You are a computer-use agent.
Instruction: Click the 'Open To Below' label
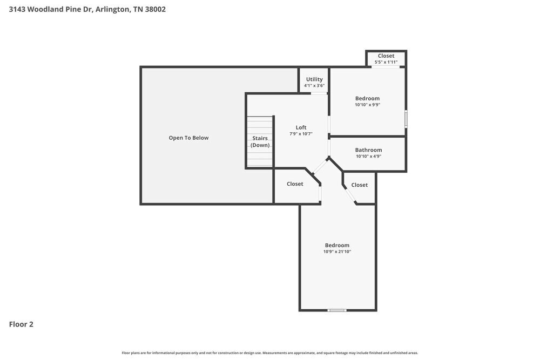tap(188, 138)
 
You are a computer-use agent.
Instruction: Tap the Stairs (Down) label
tap(260, 141)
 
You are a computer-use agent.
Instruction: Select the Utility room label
tap(314, 79)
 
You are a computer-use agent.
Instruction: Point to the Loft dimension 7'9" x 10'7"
tap(301, 134)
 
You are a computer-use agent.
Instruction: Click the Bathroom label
tap(368, 150)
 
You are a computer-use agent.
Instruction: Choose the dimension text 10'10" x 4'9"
tap(368, 157)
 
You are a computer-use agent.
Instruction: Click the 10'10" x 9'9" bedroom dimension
tap(367, 105)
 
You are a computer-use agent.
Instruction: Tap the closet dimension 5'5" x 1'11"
tap(386, 62)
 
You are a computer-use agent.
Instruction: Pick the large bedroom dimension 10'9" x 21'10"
tap(337, 252)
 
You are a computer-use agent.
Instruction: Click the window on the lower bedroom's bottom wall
tap(337, 310)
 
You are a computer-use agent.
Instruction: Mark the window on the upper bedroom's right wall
tap(406, 119)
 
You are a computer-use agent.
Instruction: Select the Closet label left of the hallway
tap(295, 184)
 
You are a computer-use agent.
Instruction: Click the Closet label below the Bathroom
tap(359, 185)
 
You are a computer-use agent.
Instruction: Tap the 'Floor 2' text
tap(21, 324)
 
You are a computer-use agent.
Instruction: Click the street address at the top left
tap(87, 9)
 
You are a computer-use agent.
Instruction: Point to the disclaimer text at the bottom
tap(270, 352)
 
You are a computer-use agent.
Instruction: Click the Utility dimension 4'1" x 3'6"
tap(314, 86)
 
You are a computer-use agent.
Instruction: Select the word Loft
tap(301, 128)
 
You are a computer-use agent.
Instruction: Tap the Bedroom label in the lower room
tap(337, 245)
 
